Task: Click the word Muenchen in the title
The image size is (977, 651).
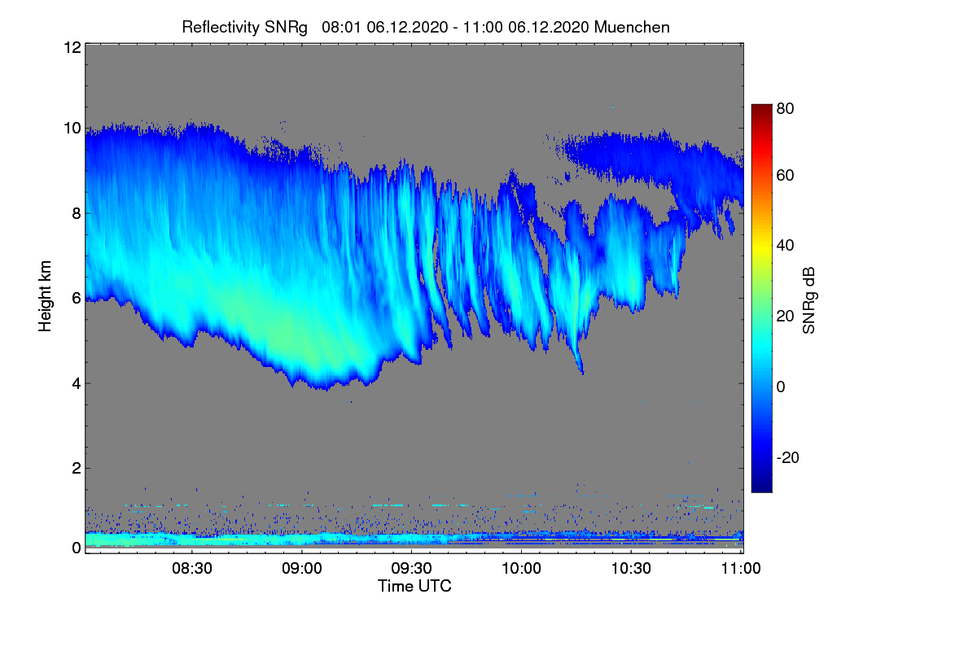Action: tap(632, 27)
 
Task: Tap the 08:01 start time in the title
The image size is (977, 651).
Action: tap(341, 27)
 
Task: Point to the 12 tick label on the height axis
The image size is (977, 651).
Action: tap(72, 47)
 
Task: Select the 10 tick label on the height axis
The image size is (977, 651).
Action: tap(72, 129)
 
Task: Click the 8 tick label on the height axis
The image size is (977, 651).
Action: tap(77, 213)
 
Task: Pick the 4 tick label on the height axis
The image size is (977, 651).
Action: tap(77, 384)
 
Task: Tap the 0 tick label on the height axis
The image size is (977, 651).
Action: tap(77, 548)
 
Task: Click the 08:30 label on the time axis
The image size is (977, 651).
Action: tap(192, 569)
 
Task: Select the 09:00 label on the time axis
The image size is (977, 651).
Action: tap(302, 569)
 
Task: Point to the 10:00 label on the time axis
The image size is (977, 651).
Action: tap(521, 569)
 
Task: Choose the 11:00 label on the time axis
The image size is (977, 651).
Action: tap(741, 569)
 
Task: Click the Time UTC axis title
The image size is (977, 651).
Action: tap(414, 586)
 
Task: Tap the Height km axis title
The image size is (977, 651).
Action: tap(45, 296)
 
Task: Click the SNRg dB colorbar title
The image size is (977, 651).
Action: tap(808, 300)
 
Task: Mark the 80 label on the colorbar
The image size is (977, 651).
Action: tap(785, 108)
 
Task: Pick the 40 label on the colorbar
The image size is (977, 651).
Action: tap(785, 246)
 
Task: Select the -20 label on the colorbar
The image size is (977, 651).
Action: tap(788, 457)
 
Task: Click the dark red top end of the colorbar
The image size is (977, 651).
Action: tap(761, 107)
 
